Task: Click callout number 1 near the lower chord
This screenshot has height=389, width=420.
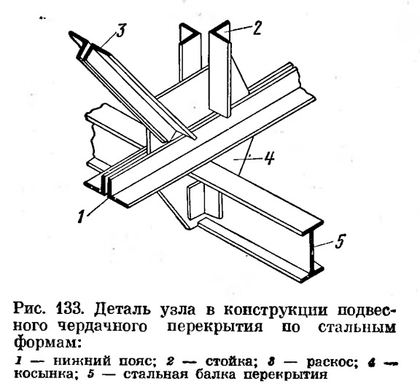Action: pos(81,216)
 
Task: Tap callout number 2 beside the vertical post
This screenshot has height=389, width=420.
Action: pos(257,28)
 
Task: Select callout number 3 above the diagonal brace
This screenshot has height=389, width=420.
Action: pos(121,31)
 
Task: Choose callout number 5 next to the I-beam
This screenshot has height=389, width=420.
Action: pos(340,241)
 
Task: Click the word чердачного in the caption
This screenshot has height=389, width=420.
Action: pos(103,327)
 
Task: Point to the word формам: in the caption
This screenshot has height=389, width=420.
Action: pos(47,343)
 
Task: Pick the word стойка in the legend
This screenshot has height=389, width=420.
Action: pos(228,361)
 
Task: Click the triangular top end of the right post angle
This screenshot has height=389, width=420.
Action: pos(220,32)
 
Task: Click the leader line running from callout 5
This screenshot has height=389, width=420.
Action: pos(324,243)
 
